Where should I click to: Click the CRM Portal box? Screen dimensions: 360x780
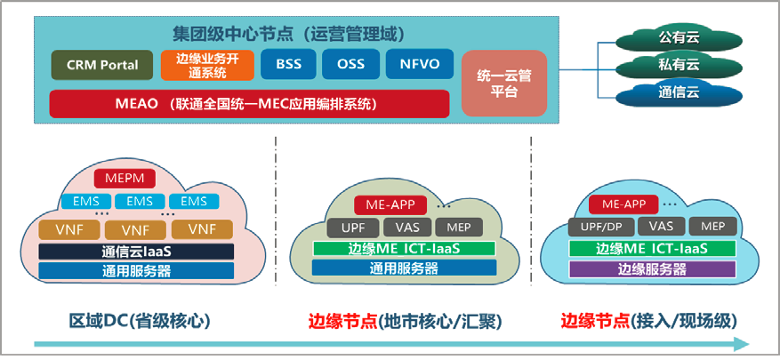click(101, 65)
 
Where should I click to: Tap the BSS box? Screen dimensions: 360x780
click(288, 65)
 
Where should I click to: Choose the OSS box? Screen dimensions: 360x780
click(350, 65)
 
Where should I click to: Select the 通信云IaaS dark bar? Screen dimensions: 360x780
click(136, 252)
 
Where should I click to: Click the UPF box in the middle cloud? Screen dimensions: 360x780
click(347, 228)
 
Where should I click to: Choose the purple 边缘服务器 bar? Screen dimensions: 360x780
click(653, 268)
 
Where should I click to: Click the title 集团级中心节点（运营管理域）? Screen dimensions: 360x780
click(289, 35)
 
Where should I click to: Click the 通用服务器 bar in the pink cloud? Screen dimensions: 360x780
click(136, 271)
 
